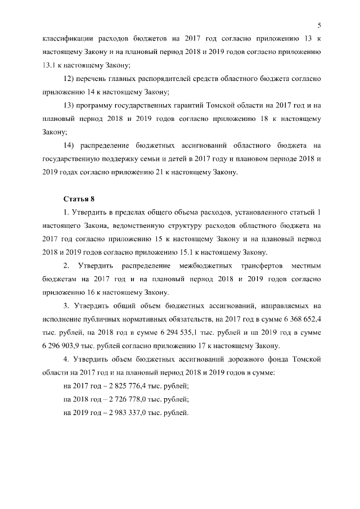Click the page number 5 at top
coord(319,25)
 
